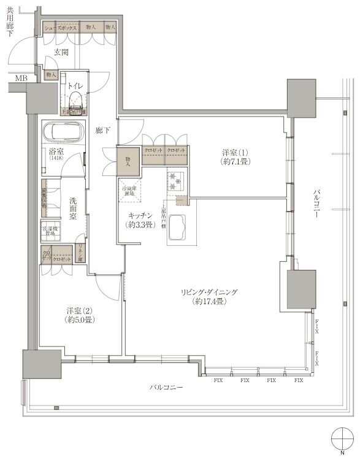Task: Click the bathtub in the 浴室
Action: (63, 131)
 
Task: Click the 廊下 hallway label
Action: (102, 130)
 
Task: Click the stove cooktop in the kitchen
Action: (176, 182)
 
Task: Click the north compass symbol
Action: (341, 441)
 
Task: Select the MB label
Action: (21, 78)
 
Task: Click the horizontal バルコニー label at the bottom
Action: (166, 388)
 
